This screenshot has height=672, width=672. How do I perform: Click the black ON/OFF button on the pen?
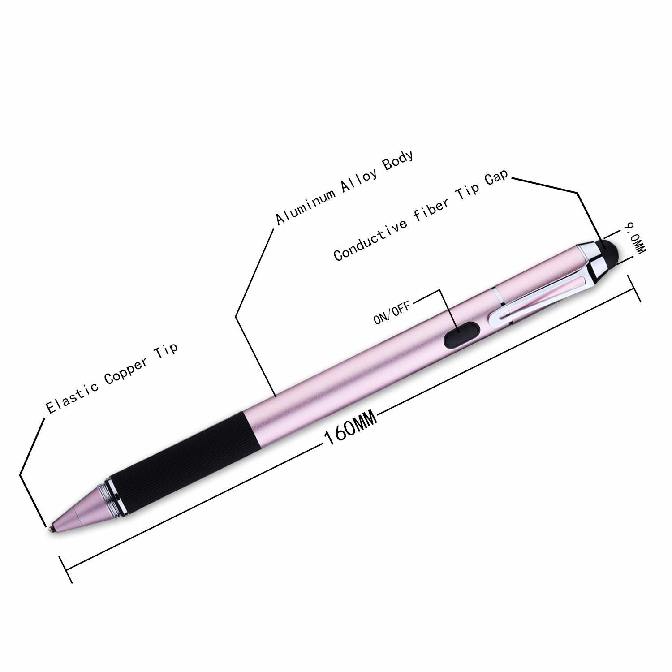461,336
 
